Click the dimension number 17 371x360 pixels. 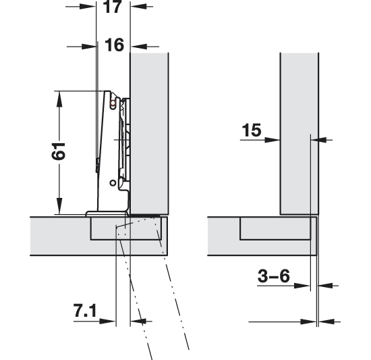(x=113, y=7)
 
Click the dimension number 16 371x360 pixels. (x=114, y=45)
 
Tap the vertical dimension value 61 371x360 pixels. (x=58, y=151)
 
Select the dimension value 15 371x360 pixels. (x=252, y=130)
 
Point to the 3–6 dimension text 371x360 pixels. (x=273, y=276)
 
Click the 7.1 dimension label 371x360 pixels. (x=85, y=311)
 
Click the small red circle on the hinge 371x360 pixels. (x=113, y=103)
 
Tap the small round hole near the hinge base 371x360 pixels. (x=113, y=183)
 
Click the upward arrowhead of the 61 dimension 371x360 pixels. (x=59, y=99)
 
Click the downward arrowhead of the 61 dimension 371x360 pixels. (x=59, y=206)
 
